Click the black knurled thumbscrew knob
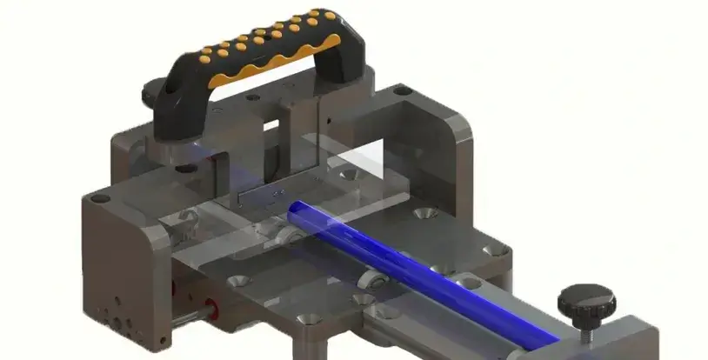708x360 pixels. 586,301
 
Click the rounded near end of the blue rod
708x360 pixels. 296,211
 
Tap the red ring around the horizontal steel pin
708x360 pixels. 209,307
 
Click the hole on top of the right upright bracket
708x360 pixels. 402,90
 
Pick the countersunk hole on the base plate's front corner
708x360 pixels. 303,320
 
